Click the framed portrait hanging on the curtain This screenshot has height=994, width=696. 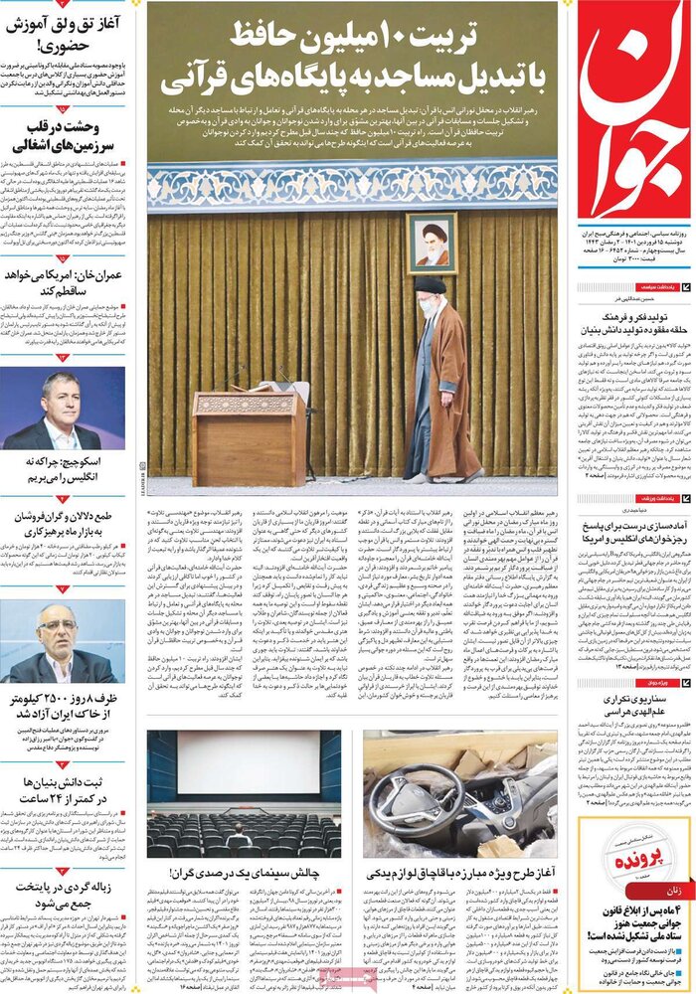(x=432, y=243)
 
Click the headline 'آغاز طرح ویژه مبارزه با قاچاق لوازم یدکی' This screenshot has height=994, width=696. (x=459, y=873)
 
